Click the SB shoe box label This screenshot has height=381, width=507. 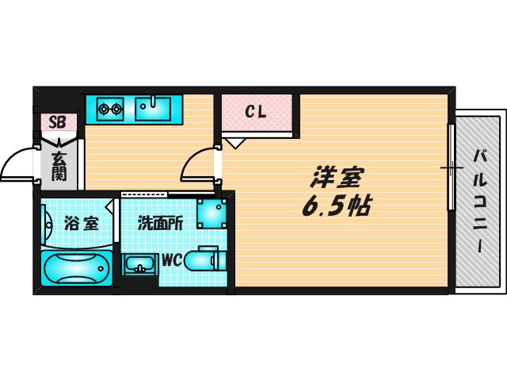[57, 122]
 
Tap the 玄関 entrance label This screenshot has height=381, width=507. [59, 166]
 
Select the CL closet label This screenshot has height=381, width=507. [255, 112]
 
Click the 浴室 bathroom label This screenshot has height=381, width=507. [81, 223]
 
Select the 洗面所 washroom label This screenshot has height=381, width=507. [160, 223]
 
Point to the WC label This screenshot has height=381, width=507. [173, 260]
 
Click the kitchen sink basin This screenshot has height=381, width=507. [153, 109]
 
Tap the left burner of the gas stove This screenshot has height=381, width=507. [104, 110]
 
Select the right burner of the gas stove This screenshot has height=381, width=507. [116, 110]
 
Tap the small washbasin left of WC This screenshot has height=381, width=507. [139, 265]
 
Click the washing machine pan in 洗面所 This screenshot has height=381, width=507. [212, 214]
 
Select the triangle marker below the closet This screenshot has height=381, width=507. [236, 143]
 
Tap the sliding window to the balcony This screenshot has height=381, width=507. [452, 167]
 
